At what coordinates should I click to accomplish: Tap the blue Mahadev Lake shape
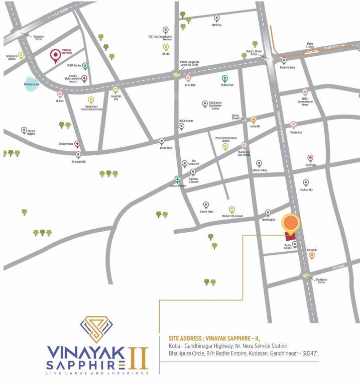coord(31,86)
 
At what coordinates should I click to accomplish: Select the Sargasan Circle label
coord(39,36)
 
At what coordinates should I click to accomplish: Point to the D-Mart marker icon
coord(60,93)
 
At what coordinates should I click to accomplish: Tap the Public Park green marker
coord(225,78)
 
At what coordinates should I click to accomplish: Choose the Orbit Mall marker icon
coord(188,78)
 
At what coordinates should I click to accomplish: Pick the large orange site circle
coord(291,223)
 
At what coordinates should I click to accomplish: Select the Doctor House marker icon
coord(77,144)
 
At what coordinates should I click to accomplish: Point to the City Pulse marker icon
coord(310,158)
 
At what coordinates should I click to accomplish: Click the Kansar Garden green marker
coord(177,178)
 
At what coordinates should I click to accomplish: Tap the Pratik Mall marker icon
coord(294,125)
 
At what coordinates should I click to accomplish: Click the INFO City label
coord(217,25)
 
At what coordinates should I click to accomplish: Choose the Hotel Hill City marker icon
coord(115,89)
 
